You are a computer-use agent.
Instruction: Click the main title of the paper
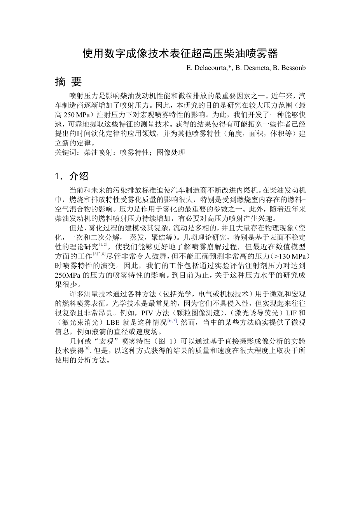tap(180, 53)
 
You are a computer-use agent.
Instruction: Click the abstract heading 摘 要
tap(68, 82)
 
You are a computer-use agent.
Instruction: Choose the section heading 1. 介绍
tap(72, 176)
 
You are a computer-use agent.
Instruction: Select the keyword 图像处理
tap(171, 153)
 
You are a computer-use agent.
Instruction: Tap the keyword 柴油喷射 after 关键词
tap(97, 153)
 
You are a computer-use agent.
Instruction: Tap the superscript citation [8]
tap(87, 349)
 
